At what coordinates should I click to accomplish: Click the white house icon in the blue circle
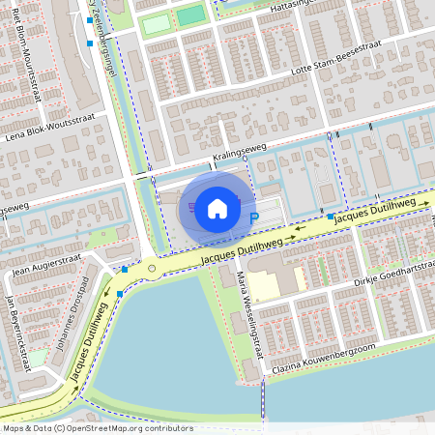[x=217, y=208]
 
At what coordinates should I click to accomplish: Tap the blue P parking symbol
[x=254, y=218]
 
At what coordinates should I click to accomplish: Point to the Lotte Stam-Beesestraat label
[x=333, y=59]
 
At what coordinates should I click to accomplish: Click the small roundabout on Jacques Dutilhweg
[x=151, y=269]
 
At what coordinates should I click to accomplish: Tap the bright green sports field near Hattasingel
[x=191, y=14]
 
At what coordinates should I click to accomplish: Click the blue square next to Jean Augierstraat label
[x=125, y=269]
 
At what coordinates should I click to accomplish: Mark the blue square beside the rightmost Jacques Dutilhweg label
[x=331, y=217]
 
